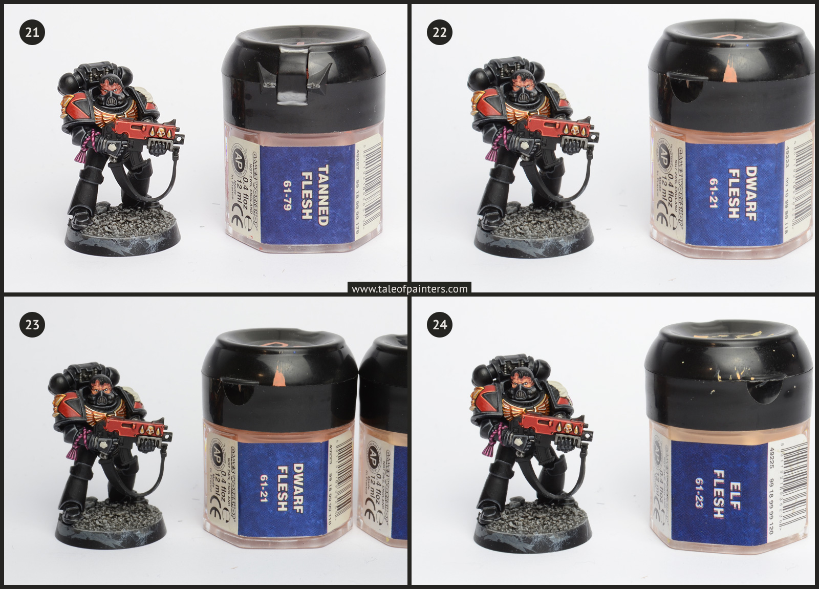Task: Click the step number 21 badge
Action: [x=32, y=32]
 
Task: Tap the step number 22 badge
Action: [x=440, y=32]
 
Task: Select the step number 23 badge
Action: [x=32, y=325]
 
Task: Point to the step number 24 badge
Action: [x=440, y=325]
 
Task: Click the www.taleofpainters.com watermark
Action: [x=409, y=289]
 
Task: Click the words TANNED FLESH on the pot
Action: [x=314, y=193]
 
